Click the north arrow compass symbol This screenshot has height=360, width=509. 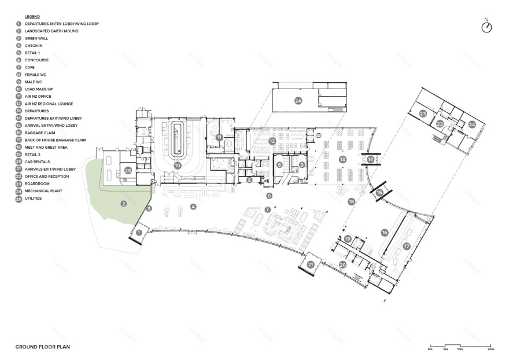(x=486, y=27)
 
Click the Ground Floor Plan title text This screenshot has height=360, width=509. (x=43, y=347)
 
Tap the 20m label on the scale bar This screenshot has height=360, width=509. (x=490, y=350)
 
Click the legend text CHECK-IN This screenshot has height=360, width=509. (x=33, y=45)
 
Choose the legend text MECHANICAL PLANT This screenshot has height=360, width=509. (x=43, y=190)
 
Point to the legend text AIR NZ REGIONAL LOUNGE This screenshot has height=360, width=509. (x=49, y=104)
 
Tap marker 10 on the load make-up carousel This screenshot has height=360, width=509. (x=178, y=166)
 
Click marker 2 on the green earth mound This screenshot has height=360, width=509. (x=124, y=203)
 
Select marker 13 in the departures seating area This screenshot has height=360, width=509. (x=342, y=159)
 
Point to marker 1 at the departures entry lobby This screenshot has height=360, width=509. (x=139, y=233)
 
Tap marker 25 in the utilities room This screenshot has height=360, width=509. (x=128, y=171)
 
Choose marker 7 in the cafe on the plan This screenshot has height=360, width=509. (x=267, y=209)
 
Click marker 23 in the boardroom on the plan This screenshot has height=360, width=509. (x=423, y=114)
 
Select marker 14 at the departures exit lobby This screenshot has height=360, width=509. (x=371, y=159)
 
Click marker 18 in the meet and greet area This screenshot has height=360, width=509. (x=351, y=202)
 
